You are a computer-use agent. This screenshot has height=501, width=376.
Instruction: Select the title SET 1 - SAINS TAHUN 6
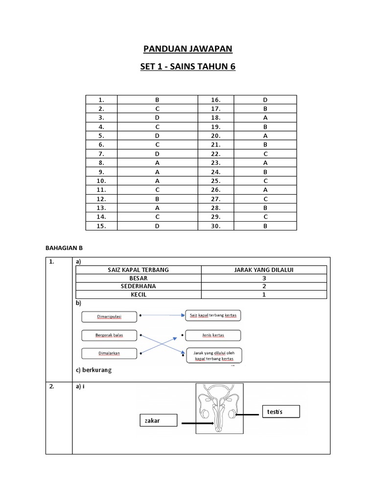coord(188,67)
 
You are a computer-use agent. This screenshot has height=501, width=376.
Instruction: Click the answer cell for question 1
coord(157,100)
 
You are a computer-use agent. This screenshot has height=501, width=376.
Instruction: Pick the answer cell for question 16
coord(265,100)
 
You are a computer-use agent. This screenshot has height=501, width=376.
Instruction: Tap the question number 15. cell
coord(101,226)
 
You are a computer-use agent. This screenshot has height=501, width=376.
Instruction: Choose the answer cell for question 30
coord(265,226)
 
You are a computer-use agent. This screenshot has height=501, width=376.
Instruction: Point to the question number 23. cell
coord(215,163)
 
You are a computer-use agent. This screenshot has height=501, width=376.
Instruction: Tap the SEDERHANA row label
coord(138,286)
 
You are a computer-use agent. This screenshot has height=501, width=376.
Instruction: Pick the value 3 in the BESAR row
coord(264,278)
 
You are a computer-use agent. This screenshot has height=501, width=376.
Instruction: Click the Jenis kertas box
coord(213,336)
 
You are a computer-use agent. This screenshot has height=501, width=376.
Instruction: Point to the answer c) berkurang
coord(94,370)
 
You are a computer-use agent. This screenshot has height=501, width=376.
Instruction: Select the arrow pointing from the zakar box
coord(196,422)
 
